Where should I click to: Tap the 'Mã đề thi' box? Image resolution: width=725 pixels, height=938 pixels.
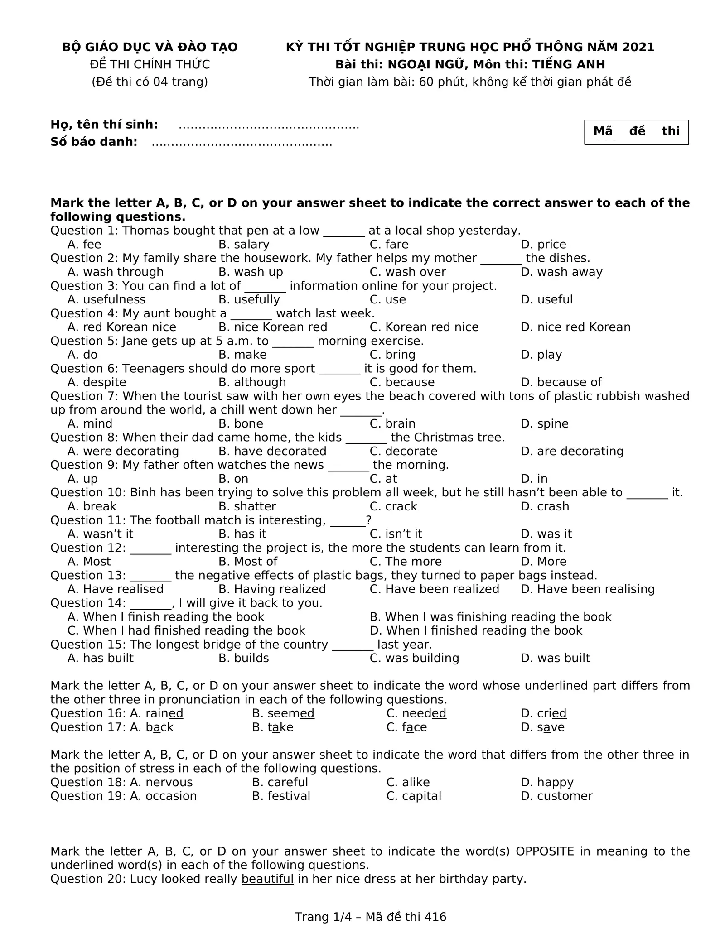click(636, 132)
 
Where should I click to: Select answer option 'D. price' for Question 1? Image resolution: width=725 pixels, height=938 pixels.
click(543, 245)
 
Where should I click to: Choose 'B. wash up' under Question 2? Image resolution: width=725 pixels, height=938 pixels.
click(251, 272)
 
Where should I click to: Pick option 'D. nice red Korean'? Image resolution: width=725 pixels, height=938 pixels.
click(575, 327)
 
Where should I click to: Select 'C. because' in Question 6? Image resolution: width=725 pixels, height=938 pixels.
click(402, 382)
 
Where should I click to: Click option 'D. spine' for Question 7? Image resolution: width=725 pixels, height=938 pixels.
click(544, 424)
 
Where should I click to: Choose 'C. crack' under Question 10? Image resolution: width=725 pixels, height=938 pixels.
click(393, 506)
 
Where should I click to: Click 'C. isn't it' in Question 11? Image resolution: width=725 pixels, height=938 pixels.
click(396, 534)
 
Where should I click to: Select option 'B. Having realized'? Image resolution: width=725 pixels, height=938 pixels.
click(272, 589)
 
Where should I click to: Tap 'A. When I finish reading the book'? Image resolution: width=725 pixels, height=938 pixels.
click(166, 617)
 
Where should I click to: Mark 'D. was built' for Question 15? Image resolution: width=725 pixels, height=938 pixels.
click(555, 658)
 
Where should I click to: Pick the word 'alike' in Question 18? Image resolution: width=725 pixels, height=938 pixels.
click(416, 782)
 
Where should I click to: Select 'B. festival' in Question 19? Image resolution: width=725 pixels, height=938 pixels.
click(281, 796)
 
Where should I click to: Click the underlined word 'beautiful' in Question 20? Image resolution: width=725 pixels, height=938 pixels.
click(267, 879)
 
